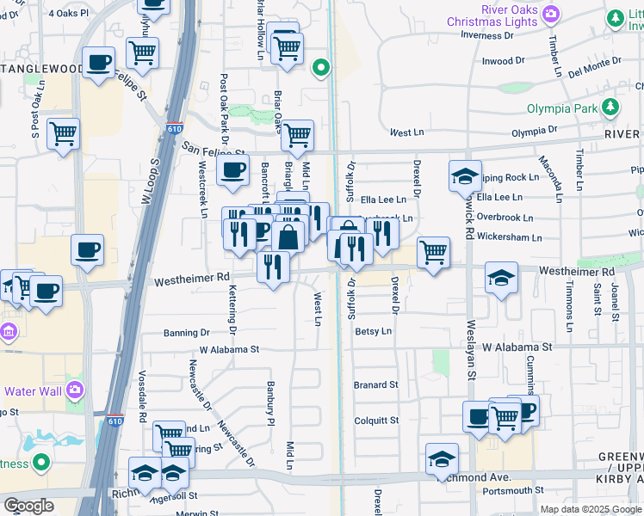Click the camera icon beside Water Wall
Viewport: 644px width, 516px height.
(75, 390)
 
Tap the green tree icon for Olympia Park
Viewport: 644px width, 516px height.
(610, 107)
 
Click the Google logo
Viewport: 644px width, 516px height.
(28, 506)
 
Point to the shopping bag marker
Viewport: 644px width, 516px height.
(290, 236)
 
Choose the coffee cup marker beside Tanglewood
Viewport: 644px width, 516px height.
(99, 63)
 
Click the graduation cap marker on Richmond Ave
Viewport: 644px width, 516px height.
(442, 458)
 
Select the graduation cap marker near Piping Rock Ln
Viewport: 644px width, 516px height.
(465, 176)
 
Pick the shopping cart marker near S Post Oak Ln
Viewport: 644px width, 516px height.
(63, 134)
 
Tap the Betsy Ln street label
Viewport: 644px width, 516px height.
(373, 331)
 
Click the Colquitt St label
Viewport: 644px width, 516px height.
(376, 421)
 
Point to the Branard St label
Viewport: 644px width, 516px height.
(375, 384)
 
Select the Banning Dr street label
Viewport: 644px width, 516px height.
(187, 332)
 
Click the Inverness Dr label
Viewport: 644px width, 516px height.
(486, 35)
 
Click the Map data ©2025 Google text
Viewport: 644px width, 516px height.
(590, 509)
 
